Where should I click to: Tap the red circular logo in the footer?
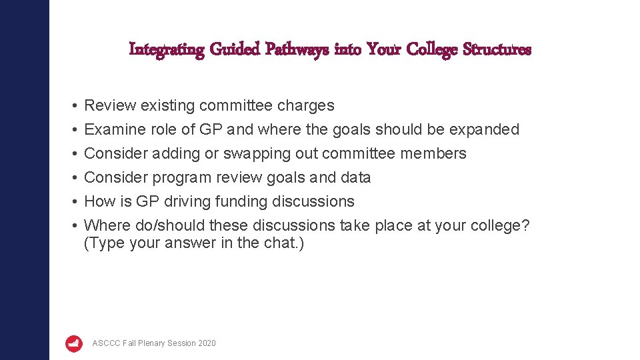pyautogui.click(x=74, y=343)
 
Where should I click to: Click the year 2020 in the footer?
pyautogui.click(x=207, y=343)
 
